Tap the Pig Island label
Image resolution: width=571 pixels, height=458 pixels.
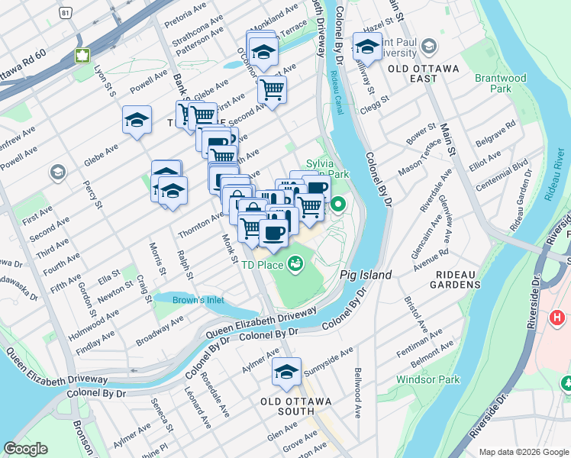(x=366, y=275)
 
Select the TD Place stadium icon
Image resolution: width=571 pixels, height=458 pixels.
(x=295, y=265)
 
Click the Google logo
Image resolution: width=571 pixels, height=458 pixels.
(x=25, y=448)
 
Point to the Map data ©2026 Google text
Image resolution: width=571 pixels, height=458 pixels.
(x=522, y=451)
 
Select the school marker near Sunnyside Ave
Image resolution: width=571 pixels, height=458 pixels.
(x=286, y=372)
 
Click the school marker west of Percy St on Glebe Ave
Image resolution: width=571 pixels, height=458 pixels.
(x=137, y=120)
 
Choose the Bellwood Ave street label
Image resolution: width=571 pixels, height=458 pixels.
(x=357, y=393)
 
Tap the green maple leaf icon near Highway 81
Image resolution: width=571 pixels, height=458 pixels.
(x=82, y=55)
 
